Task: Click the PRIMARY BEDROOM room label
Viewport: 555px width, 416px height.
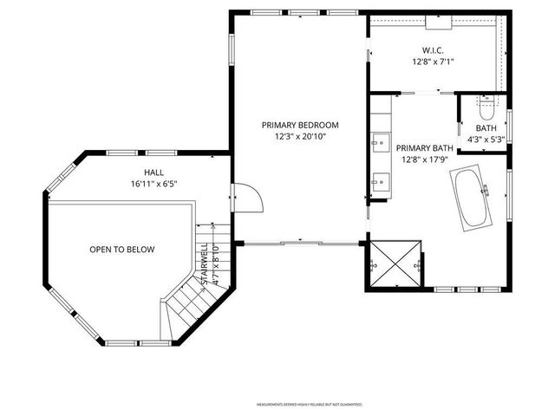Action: pos(300,125)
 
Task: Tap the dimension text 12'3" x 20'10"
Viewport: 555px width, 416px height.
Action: pos(300,137)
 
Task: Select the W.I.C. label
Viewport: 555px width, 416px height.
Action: pos(434,49)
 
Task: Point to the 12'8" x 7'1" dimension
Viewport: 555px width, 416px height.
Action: pos(434,62)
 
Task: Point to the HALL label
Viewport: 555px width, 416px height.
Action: pos(153,172)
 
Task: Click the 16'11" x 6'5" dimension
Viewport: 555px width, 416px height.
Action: pos(153,184)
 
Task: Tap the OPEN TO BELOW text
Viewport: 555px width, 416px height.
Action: pos(121,250)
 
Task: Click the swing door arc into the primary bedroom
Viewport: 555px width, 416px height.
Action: pos(249,198)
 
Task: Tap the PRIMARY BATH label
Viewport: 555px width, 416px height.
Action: pos(425,147)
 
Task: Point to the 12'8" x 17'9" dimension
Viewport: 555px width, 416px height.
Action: pos(425,159)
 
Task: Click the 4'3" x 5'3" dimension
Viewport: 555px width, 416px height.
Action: pos(486,139)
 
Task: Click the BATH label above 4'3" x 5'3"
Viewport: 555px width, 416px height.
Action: pos(486,127)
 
